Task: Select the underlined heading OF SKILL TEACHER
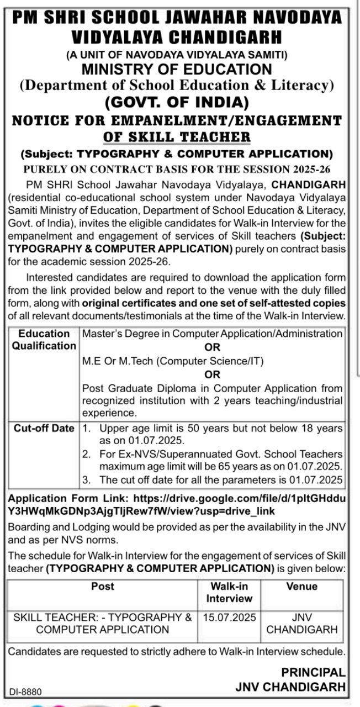tap(177, 136)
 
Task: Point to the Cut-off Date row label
tap(44, 428)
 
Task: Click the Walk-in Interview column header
tap(229, 592)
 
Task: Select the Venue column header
tap(301, 587)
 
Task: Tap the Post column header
tap(103, 587)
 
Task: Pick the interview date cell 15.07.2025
tap(229, 618)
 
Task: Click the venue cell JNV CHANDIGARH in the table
tap(301, 624)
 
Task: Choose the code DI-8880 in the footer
tap(25, 692)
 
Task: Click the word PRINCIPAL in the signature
tap(313, 673)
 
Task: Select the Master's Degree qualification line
tap(212, 334)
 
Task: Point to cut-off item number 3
tap(213, 479)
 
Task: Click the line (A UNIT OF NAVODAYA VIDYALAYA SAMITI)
tap(177, 55)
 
